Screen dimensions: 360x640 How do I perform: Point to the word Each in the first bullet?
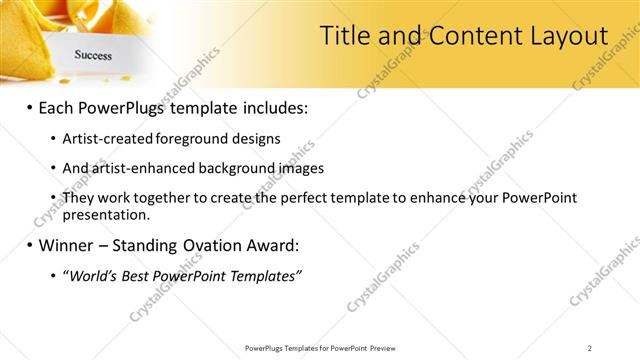pyautogui.click(x=59, y=107)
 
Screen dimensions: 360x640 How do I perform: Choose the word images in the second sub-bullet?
pyautogui.click(x=301, y=168)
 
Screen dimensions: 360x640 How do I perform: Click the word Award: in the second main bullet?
pyautogui.click(x=271, y=244)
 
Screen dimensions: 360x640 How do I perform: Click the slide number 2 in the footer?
pyautogui.click(x=589, y=347)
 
